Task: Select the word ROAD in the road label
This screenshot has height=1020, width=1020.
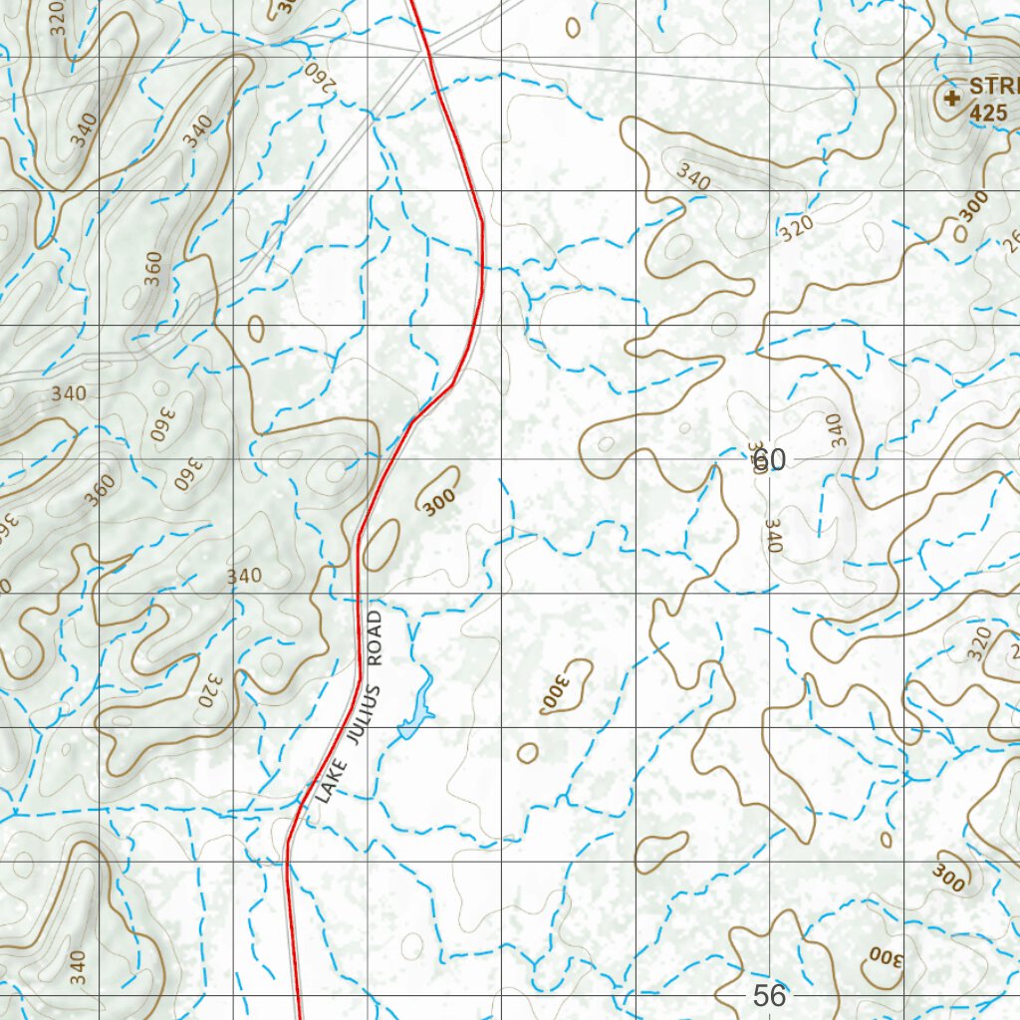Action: (374, 637)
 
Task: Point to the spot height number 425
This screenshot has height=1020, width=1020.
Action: (987, 114)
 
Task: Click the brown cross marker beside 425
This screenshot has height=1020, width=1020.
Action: (951, 98)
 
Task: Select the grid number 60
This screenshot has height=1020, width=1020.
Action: (769, 460)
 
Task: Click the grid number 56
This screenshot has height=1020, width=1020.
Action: (769, 995)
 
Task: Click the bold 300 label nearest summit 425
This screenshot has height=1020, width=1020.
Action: (973, 205)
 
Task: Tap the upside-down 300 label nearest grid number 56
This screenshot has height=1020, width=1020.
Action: (883, 958)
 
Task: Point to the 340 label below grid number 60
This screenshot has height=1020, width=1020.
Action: (774, 536)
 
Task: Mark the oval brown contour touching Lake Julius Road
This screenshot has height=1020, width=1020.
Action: (381, 544)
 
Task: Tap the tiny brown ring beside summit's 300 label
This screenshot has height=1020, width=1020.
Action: (960, 233)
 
